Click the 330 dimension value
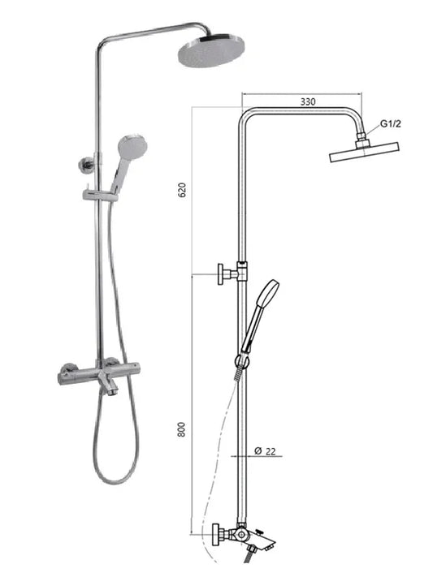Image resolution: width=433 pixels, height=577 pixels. (x=308, y=101)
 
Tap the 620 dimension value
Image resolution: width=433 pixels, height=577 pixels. (x=182, y=190)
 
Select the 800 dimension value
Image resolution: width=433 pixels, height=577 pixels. (x=182, y=429)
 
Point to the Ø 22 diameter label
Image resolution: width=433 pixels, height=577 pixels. (x=265, y=450)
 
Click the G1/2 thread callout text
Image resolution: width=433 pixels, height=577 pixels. (x=390, y=123)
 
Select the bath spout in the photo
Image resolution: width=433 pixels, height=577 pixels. (x=109, y=384)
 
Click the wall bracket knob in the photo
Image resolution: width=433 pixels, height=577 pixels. (x=84, y=163)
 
